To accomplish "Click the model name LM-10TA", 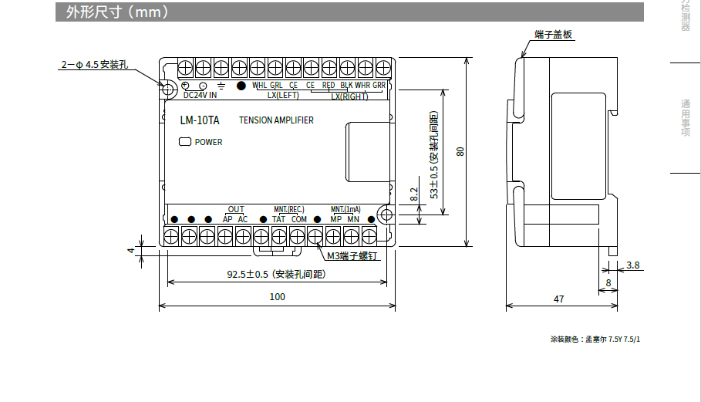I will pos(199,120).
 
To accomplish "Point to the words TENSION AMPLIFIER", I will pos(276,120).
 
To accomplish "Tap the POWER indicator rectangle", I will pos(184,141).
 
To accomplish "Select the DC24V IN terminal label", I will pos(200,95).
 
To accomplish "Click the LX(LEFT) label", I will pos(283,96).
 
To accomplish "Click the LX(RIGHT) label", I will pos(349,96).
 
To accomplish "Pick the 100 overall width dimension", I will pos(277,296).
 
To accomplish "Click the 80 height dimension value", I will pos(460,151).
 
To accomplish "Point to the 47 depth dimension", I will pos(558,297).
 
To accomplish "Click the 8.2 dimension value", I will pos(414,194).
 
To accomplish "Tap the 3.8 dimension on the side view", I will pos(632,265).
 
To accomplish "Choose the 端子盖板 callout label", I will pos(554,34).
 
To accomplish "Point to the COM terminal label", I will pos(299,219).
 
